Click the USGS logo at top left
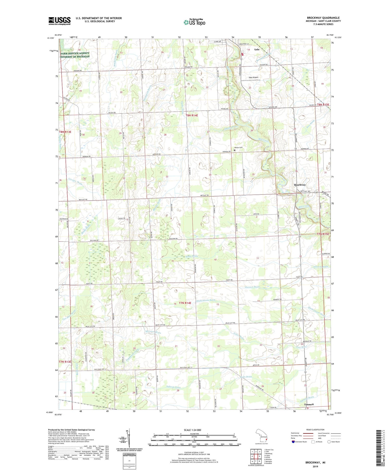click(59, 21)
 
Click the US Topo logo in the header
click(194, 22)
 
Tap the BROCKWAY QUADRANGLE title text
click(323, 18)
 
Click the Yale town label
click(257, 49)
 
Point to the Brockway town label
click(300, 185)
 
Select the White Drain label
click(191, 256)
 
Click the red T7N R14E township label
click(185, 303)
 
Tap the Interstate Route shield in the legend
click(293, 442)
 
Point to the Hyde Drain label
click(245, 377)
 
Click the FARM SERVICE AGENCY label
click(75, 53)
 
